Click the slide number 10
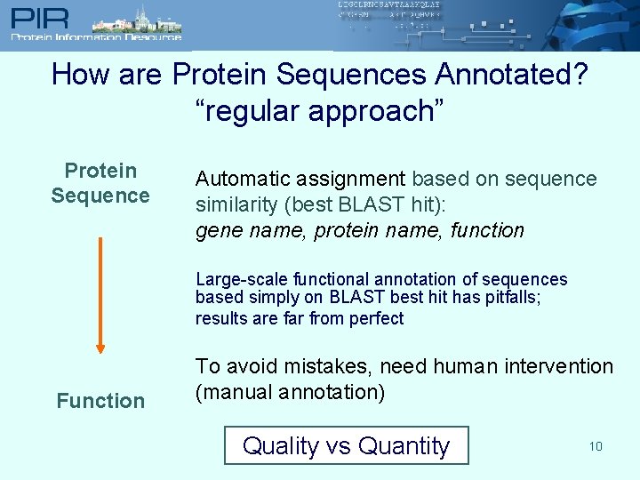[x=595, y=446]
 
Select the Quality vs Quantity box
[x=346, y=446]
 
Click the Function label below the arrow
[x=100, y=401]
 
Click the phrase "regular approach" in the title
[x=319, y=111]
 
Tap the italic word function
[x=487, y=231]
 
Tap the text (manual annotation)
[x=290, y=392]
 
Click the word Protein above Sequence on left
[x=100, y=171]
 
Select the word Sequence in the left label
[x=100, y=196]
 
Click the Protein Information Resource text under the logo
[x=96, y=37]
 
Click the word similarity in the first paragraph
[x=235, y=204]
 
